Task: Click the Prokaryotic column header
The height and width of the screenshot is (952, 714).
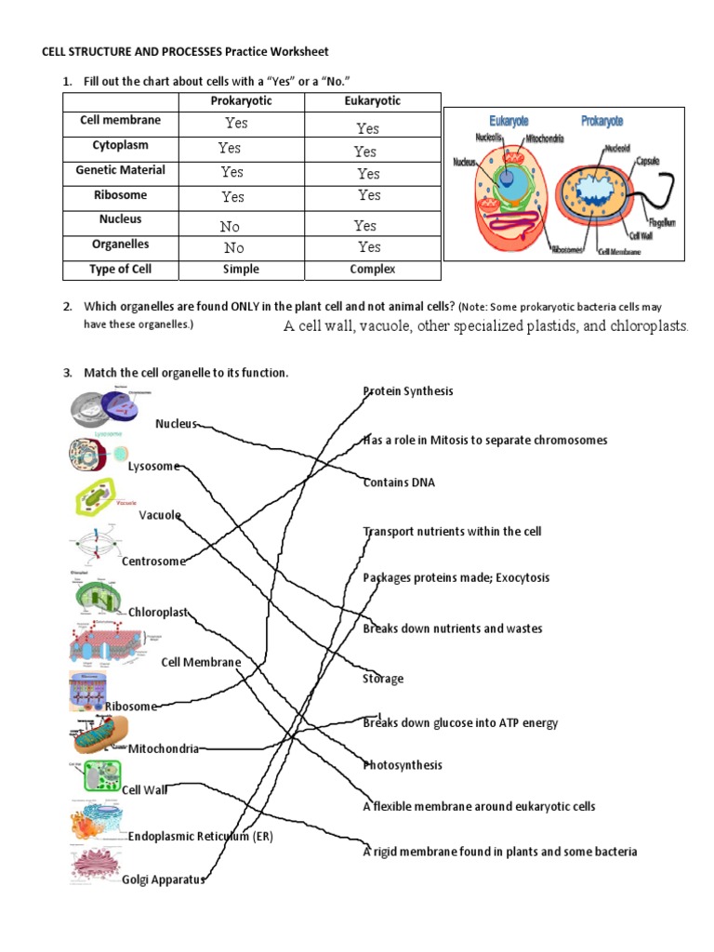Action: (x=242, y=101)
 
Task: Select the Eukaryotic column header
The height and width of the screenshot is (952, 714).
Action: (x=372, y=101)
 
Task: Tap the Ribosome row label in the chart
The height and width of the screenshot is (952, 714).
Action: (x=120, y=195)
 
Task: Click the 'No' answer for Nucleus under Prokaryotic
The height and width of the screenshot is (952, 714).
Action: (x=230, y=226)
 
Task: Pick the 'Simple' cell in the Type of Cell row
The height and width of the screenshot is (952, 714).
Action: (x=241, y=270)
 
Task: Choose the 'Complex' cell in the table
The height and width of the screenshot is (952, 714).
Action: (x=372, y=270)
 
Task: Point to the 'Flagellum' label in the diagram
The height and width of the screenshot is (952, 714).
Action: (x=662, y=223)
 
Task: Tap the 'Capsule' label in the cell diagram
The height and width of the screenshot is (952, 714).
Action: (x=648, y=161)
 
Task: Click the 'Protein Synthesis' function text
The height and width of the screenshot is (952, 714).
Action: (x=408, y=391)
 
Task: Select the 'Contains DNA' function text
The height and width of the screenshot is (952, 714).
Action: (x=399, y=483)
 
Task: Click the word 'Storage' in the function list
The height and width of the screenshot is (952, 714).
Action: (x=383, y=679)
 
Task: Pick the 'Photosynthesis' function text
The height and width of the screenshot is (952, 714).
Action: (x=403, y=765)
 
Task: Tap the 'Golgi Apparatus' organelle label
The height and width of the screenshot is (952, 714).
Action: (x=163, y=879)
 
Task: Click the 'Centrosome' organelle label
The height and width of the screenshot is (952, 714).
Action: (x=153, y=561)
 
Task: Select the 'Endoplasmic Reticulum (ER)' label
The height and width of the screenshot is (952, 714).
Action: (x=201, y=836)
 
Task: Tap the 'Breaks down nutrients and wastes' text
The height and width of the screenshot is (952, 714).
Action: (x=453, y=628)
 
